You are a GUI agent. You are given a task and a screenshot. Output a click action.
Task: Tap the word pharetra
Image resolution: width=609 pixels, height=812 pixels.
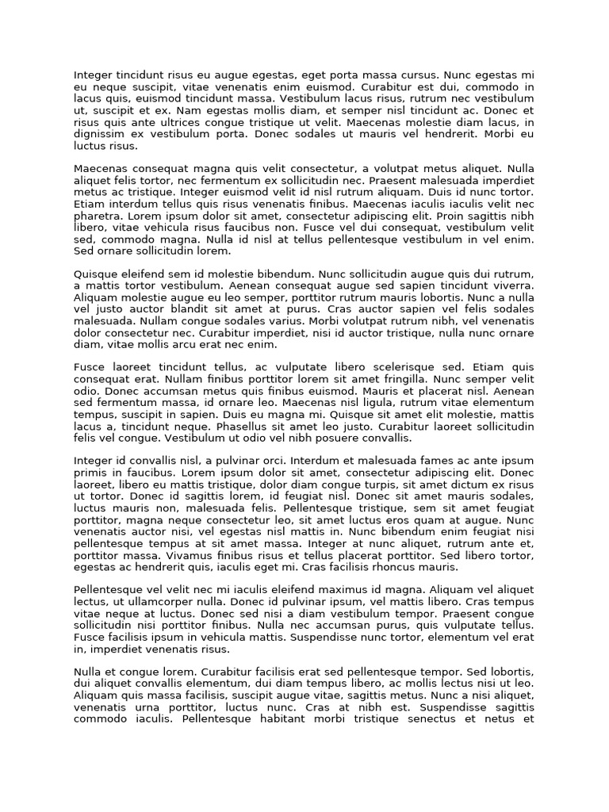[x=97, y=216]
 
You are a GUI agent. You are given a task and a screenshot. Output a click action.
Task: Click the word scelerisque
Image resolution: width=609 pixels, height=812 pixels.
[x=404, y=367]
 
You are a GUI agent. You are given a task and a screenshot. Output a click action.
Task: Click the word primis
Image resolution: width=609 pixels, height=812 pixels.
[x=91, y=473]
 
